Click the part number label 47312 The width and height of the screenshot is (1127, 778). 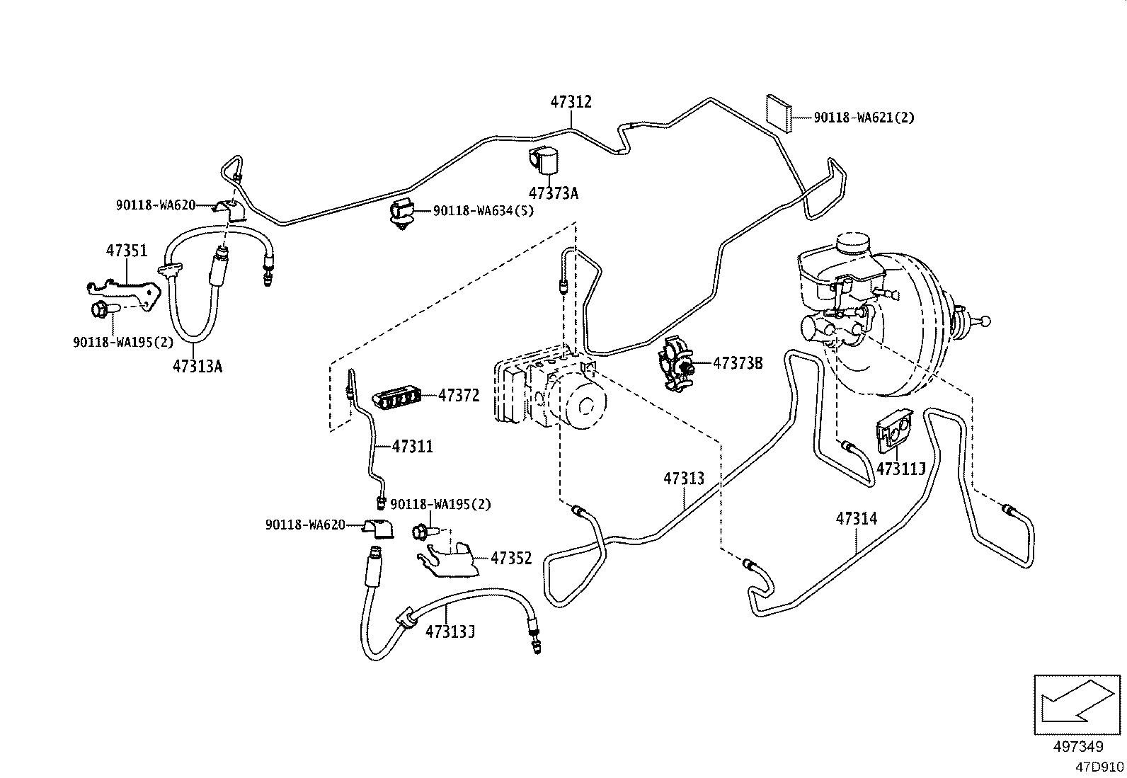click(571, 102)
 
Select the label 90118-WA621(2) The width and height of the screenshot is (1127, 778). click(864, 118)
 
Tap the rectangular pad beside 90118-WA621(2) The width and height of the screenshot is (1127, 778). click(779, 114)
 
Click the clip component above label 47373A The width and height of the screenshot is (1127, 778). click(544, 160)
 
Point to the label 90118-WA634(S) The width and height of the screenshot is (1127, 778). click(484, 210)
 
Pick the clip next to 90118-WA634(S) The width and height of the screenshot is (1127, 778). click(402, 214)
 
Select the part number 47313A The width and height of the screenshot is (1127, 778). click(198, 366)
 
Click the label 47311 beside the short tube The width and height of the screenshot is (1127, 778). click(413, 447)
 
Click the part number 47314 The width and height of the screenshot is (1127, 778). click(857, 518)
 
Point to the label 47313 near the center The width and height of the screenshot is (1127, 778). click(684, 478)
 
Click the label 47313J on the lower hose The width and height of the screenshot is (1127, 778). click(450, 631)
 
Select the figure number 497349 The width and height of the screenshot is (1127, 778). click(1078, 746)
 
